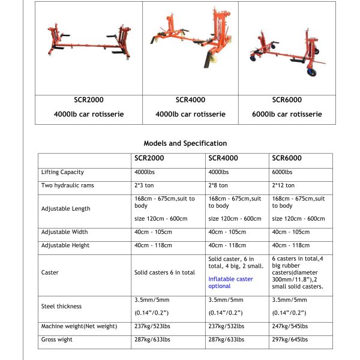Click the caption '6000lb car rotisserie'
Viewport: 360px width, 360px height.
[286, 114]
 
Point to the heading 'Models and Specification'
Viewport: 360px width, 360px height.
[185, 143]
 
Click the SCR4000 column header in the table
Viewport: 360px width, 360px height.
[223, 159]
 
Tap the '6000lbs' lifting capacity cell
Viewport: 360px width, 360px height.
[283, 172]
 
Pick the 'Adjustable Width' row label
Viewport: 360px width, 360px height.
[64, 232]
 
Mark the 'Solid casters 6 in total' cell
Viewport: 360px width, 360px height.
[164, 272]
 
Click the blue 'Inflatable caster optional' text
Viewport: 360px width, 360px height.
[230, 283]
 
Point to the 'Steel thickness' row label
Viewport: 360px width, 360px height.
[61, 306]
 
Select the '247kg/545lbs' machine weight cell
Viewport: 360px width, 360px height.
[290, 326]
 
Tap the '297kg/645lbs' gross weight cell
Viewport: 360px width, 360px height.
[290, 339]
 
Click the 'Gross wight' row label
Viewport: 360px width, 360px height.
[57, 339]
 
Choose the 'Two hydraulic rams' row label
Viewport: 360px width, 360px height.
[67, 185]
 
